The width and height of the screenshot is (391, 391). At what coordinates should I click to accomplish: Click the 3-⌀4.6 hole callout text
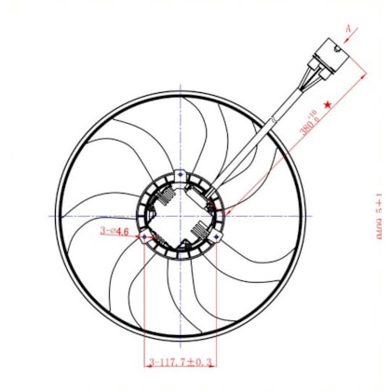[x=115, y=235]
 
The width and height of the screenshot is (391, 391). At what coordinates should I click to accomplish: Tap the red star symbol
[x=327, y=106]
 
